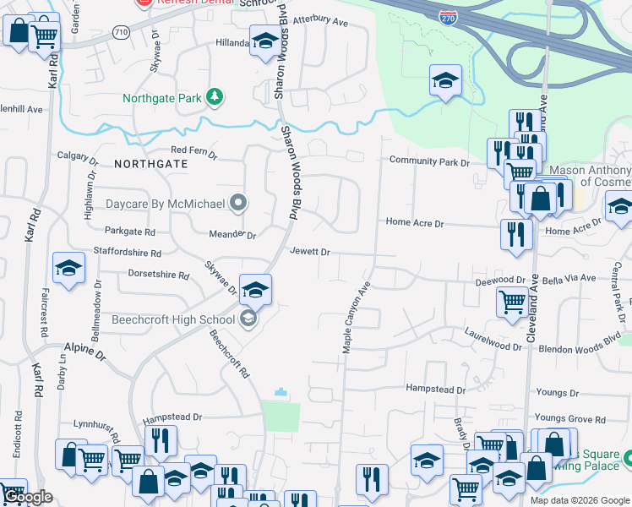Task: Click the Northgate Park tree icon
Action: pos(216,98)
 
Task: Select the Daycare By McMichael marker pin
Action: pos(238,203)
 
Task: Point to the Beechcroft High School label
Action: pos(173,319)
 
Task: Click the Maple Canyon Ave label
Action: pos(356,319)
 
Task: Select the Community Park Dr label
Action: pos(428,161)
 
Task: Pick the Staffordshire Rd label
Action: pos(133,253)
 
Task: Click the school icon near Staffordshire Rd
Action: pos(68,269)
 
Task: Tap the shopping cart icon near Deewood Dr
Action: pos(512,301)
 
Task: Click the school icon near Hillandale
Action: pos(265,41)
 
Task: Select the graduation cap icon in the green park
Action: pos(445,81)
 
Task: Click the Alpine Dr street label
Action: pos(84,347)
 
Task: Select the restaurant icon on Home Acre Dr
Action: pos(514,234)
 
